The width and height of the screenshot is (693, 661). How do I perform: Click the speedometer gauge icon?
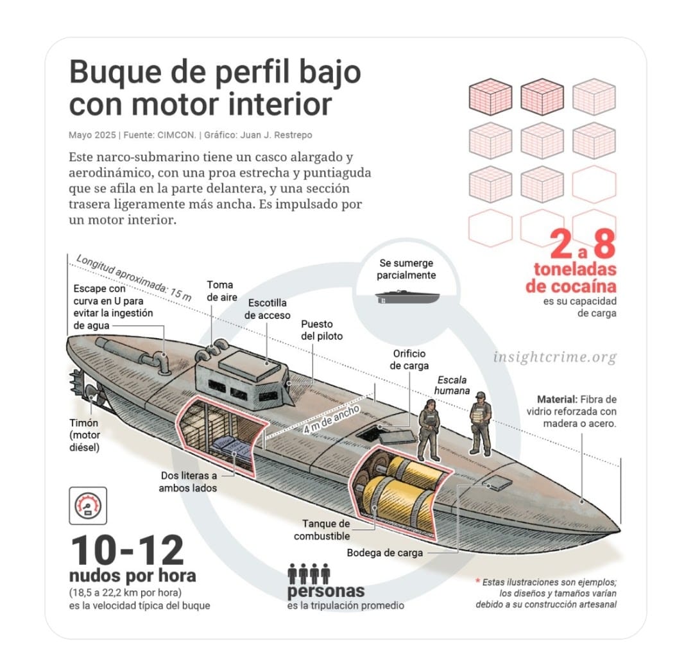point(88,506)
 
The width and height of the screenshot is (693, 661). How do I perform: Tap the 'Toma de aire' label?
point(220,291)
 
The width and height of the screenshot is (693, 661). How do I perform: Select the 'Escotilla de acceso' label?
point(267,309)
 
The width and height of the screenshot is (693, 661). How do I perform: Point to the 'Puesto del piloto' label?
point(321,330)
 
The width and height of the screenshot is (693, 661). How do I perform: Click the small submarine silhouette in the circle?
point(407,296)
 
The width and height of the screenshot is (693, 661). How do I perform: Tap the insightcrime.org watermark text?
point(555,357)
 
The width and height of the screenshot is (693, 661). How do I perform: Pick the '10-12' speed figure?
point(126,551)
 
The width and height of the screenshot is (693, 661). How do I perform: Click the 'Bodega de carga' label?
point(385,553)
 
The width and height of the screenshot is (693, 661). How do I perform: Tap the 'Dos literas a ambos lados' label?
point(189,482)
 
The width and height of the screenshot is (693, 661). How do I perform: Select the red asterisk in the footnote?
point(477,581)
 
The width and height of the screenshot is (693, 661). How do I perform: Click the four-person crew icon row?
point(309,573)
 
